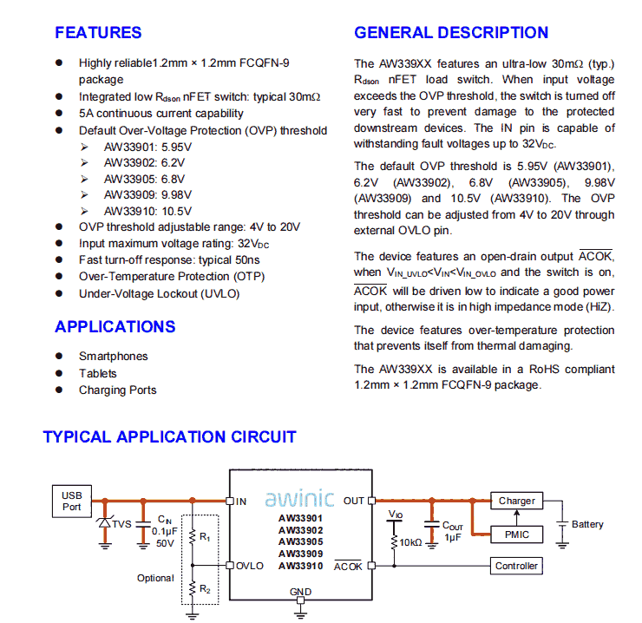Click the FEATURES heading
(x=98, y=33)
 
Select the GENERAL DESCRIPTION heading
(x=451, y=33)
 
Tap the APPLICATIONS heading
(x=115, y=327)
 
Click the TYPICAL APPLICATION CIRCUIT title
(x=169, y=437)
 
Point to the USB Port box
(x=71, y=501)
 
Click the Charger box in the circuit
(x=517, y=501)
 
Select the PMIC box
(x=517, y=534)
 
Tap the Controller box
(x=517, y=566)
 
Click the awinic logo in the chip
(x=299, y=500)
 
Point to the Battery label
(x=587, y=525)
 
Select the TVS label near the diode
(x=121, y=523)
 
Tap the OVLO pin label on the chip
(x=250, y=566)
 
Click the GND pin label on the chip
(x=300, y=592)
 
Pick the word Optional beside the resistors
(x=156, y=578)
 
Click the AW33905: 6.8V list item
(x=147, y=179)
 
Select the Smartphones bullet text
(x=114, y=357)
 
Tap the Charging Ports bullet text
(x=118, y=390)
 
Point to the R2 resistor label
(x=206, y=589)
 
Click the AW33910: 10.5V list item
(x=147, y=212)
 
